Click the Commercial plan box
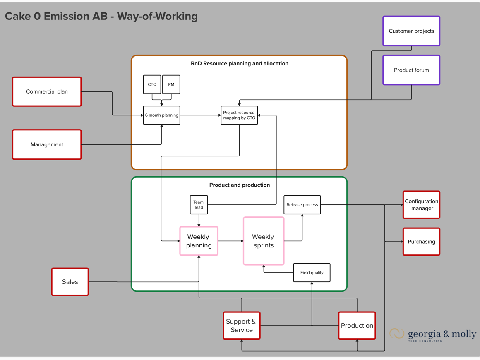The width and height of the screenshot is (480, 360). [x=47, y=91]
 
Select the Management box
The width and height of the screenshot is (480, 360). [x=47, y=144]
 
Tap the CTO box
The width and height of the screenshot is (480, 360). [x=152, y=84]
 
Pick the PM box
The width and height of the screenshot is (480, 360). [x=171, y=84]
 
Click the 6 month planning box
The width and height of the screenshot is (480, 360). [x=161, y=115]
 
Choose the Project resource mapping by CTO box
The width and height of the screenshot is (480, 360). [x=239, y=115]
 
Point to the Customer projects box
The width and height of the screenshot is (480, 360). [x=411, y=31]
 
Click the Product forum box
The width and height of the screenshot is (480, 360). [x=411, y=70]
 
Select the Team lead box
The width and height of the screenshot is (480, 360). [x=199, y=205]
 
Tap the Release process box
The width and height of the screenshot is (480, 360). [x=302, y=205]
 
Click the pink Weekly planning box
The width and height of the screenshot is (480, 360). [x=199, y=241]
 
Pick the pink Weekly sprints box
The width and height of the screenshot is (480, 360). [x=264, y=241]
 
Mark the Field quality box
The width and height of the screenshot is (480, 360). [x=312, y=273]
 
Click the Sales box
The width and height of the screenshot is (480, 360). [x=70, y=282]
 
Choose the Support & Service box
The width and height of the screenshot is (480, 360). [x=242, y=326]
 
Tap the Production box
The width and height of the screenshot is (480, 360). [x=357, y=326]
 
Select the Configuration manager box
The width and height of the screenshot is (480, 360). [x=421, y=205]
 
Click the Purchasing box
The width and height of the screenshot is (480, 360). [x=421, y=242]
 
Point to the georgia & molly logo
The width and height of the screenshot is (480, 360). [x=432, y=334]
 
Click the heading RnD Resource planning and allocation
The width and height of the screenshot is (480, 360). [x=239, y=63]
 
